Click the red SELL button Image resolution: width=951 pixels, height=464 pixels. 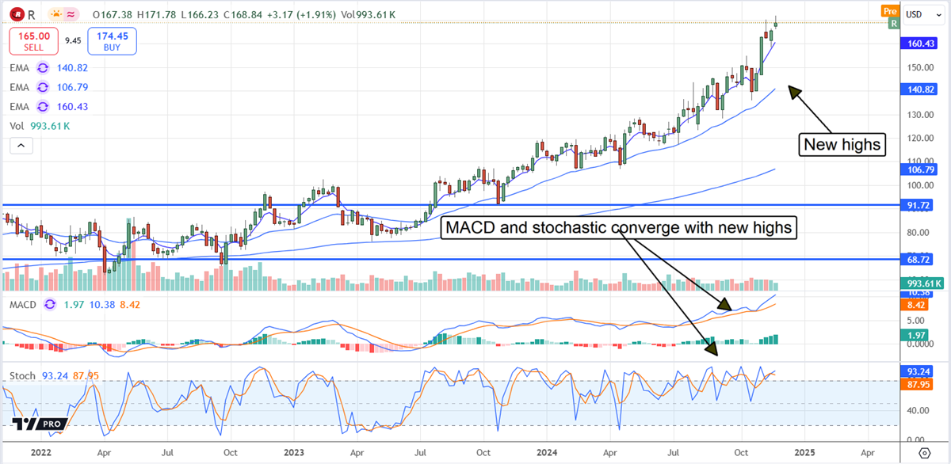tap(33, 40)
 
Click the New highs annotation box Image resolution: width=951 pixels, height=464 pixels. tap(841, 144)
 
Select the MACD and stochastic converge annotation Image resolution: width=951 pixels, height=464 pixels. tap(619, 228)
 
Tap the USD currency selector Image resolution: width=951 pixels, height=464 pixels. tap(919, 14)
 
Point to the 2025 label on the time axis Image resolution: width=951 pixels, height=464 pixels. tap(804, 452)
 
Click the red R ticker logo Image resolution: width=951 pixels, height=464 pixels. tap(16, 14)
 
